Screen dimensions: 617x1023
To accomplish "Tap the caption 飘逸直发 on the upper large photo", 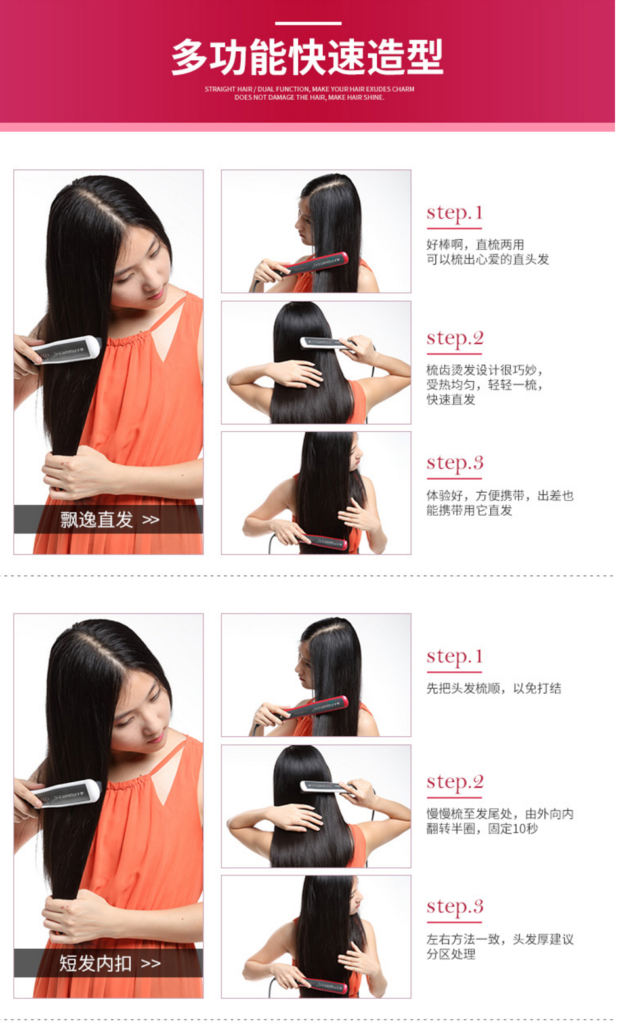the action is point(96,520).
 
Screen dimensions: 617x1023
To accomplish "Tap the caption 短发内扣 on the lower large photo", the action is point(95,963).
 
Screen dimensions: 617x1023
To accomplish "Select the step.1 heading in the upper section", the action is point(454,213).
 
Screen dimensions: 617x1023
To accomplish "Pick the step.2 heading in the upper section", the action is point(455,339).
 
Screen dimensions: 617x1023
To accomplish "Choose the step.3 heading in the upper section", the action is point(455,463).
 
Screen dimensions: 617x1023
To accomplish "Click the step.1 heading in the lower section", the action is point(454,657).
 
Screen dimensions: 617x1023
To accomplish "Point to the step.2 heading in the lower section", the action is point(455,782).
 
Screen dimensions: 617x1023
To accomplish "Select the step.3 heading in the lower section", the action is point(455,907).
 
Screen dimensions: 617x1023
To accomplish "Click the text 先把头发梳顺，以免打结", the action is point(494,688).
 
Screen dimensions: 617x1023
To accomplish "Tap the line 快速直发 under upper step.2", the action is point(451,400).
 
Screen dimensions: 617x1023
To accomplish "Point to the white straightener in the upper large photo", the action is point(66,350).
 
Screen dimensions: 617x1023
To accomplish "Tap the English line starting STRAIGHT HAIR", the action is point(309,89).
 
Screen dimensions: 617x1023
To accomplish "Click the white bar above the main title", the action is point(308,23).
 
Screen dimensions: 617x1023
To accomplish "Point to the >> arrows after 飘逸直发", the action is point(151,520).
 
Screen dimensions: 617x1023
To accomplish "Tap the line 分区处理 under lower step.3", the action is point(451,954).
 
